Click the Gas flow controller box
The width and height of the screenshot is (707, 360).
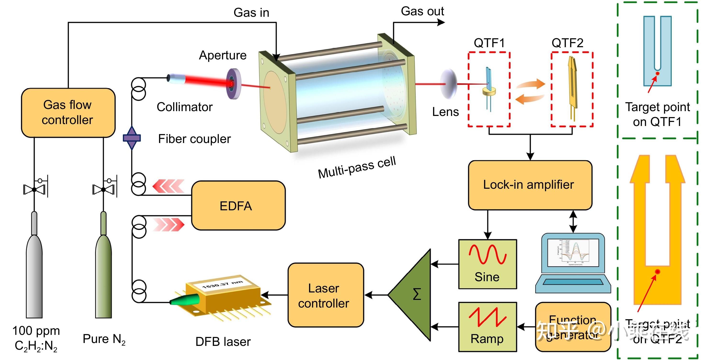[x=68, y=113]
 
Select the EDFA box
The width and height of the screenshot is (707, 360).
[x=238, y=206]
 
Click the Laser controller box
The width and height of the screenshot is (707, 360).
[x=326, y=295]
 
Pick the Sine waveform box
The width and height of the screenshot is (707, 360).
[x=487, y=264]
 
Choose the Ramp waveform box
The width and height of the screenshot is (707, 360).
[x=487, y=326]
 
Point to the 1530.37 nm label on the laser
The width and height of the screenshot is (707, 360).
[x=222, y=285]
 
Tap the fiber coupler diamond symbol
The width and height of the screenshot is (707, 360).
[x=132, y=138]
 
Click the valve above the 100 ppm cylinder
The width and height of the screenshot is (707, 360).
[x=34, y=189]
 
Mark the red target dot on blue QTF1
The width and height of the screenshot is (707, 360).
[x=657, y=74]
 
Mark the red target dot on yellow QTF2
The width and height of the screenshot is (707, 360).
[x=657, y=272]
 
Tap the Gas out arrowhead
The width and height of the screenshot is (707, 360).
[x=441, y=22]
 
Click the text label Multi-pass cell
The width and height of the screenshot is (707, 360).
[x=356, y=167]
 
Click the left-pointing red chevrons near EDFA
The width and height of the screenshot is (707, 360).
[x=168, y=186]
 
